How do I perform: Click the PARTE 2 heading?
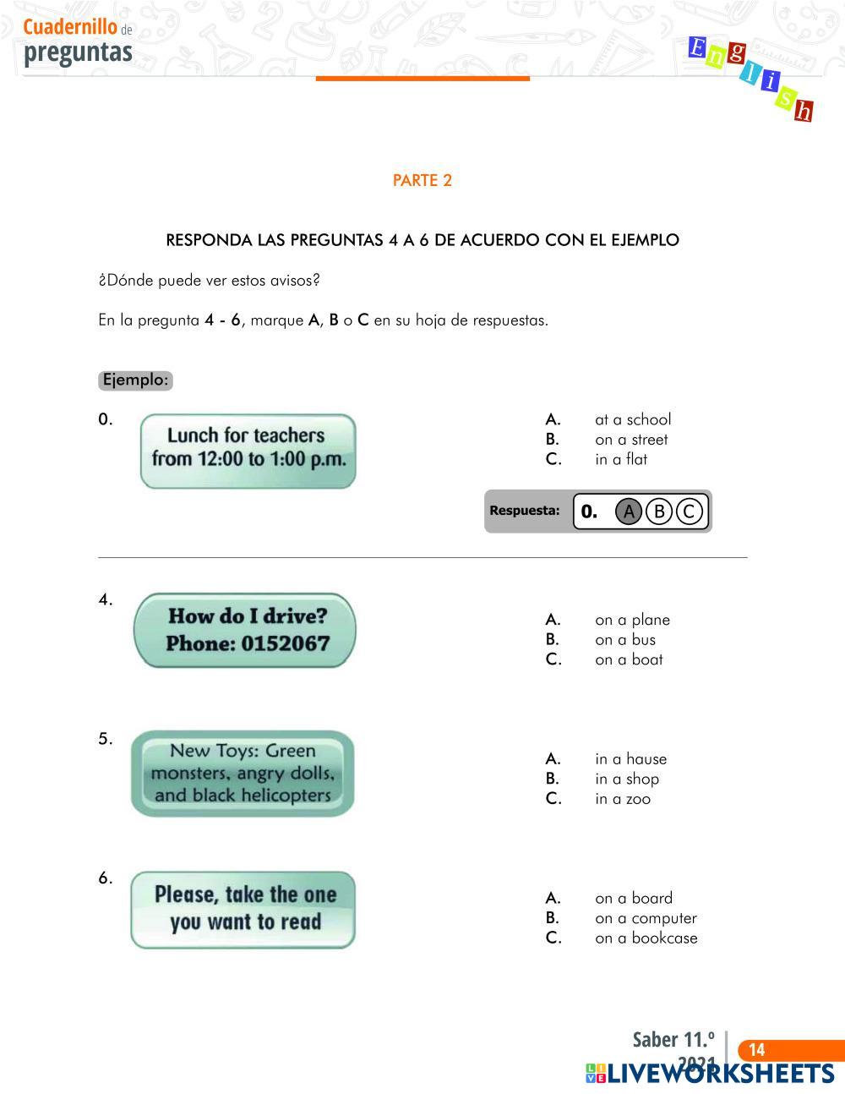tap(422, 180)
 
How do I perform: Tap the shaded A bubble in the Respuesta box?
tap(629, 511)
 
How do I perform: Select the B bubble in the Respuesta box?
tap(659, 511)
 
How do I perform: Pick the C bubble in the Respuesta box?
tap(690, 511)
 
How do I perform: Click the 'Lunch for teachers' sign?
tap(248, 451)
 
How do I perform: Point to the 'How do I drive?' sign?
tap(245, 631)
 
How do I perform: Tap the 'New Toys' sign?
tap(243, 773)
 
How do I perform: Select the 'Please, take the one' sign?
tap(243, 909)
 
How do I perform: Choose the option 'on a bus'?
tap(624, 640)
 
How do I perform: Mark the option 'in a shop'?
tap(626, 779)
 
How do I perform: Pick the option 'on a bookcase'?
tap(646, 938)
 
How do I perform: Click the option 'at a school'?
tap(632, 419)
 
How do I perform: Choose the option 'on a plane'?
tap(632, 620)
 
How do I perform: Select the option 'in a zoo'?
tap(623, 799)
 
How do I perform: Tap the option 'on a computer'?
tap(646, 918)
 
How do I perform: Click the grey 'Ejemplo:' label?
tap(135, 380)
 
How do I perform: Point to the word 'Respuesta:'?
tap(525, 511)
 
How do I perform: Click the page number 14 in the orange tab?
tap(757, 1050)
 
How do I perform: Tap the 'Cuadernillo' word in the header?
tap(70, 28)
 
